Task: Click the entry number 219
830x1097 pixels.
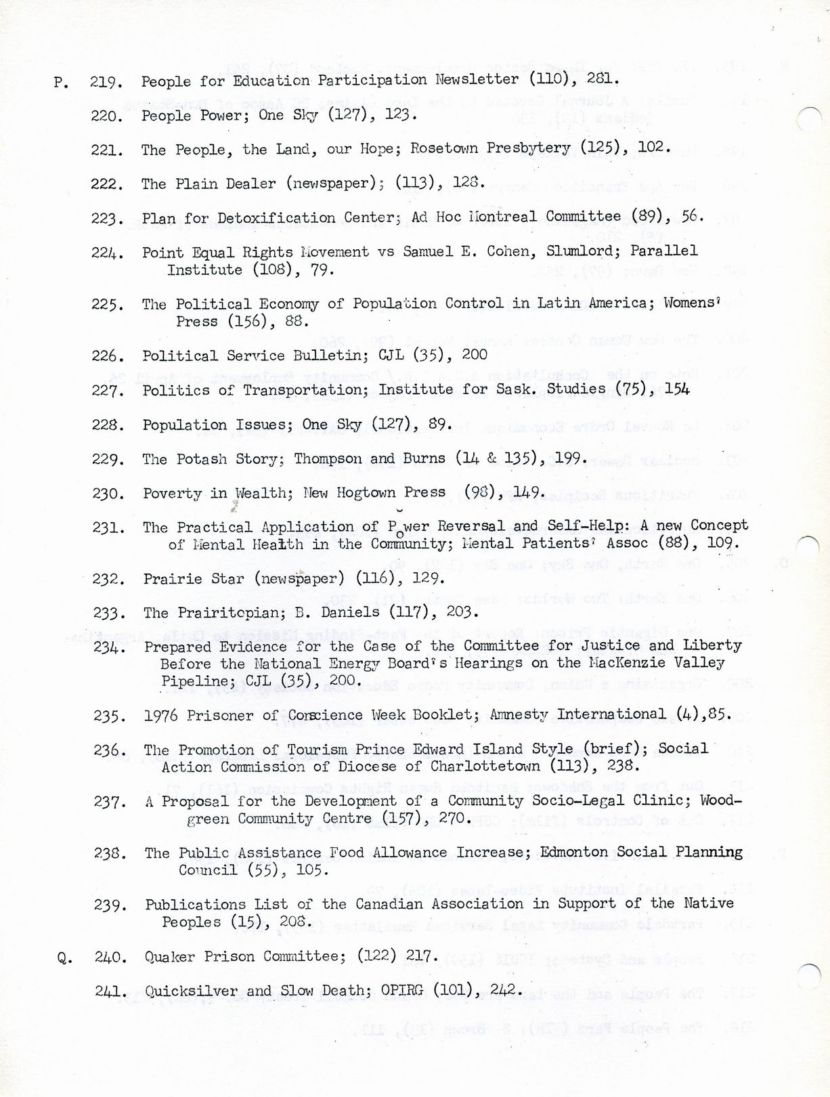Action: click(x=106, y=82)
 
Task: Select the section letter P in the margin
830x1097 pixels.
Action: click(x=61, y=83)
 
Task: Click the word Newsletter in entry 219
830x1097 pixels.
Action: click(x=477, y=79)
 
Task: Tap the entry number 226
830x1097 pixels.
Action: click(x=108, y=356)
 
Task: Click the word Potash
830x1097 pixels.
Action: click(x=202, y=459)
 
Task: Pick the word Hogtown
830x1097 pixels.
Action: click(x=364, y=493)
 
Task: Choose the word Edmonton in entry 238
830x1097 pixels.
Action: click(x=573, y=852)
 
